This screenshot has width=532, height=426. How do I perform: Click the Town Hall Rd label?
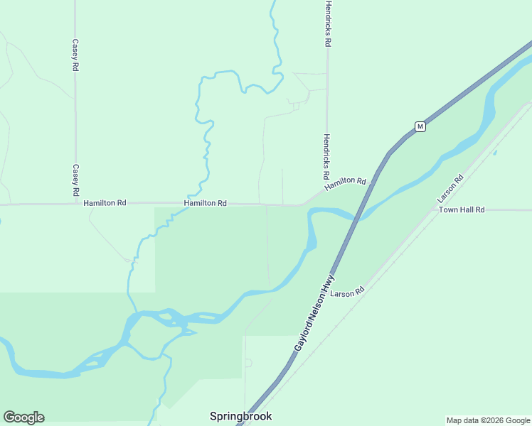pos(461,210)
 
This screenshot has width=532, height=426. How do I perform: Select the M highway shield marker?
pos(420,126)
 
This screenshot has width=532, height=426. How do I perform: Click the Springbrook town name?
pos(240,416)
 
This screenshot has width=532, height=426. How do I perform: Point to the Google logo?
pos(23,417)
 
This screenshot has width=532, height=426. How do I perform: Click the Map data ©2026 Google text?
pos(488,420)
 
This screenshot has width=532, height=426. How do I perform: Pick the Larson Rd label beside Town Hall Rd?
pos(451,189)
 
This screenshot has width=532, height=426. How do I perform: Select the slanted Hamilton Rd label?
pos(345,184)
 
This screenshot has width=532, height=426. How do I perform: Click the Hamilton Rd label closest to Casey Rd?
pos(105,203)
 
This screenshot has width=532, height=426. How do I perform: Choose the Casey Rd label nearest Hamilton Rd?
pos(75,180)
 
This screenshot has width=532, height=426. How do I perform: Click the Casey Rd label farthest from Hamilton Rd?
pos(75,55)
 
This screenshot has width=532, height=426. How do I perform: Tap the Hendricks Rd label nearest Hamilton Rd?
pos(326,156)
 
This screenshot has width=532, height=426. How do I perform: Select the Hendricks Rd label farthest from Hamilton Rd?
pos(327,23)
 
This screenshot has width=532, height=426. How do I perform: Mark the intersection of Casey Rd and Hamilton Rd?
pos(75,204)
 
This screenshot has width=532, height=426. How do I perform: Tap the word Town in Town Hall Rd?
pos(448,210)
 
